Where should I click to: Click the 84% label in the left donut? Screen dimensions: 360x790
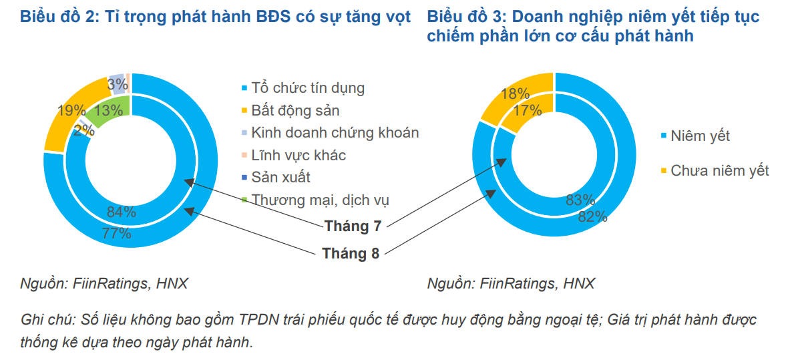click(x=122, y=213)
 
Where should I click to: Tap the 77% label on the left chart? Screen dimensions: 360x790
click(x=116, y=233)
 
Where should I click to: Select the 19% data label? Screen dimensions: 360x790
click(x=71, y=111)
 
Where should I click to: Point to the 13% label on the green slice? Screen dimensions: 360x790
click(x=108, y=111)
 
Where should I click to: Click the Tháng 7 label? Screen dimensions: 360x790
click(x=353, y=226)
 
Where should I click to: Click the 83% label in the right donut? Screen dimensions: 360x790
click(x=579, y=200)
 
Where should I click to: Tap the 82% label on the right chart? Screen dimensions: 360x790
click(x=592, y=216)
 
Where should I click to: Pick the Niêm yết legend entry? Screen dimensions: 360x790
click(x=700, y=136)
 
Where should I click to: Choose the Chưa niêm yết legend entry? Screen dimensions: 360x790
click(x=720, y=171)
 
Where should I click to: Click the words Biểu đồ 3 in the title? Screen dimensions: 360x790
click(x=463, y=17)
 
